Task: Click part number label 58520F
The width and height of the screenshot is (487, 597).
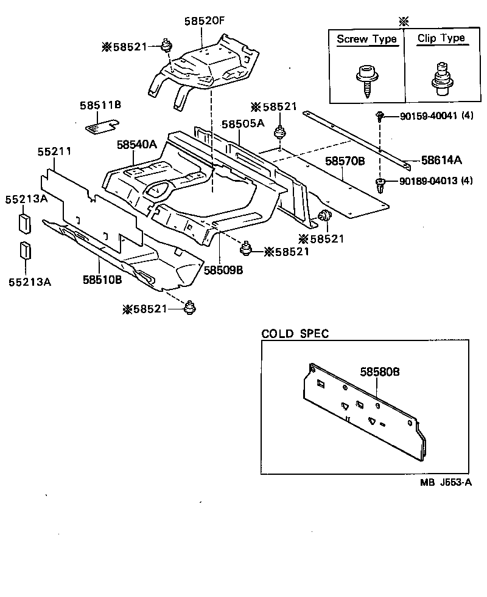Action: point(205,21)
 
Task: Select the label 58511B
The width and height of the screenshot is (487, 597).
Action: point(100,105)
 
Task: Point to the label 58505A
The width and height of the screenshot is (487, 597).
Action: point(242,123)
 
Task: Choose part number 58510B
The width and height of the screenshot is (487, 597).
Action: point(102,280)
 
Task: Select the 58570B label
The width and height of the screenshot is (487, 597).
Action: point(344,162)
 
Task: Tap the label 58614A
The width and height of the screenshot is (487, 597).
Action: point(441,160)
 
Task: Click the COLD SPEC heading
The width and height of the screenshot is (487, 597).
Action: point(295,334)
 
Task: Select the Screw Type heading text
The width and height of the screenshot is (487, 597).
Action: point(366,39)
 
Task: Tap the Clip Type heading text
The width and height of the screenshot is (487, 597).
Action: point(441,38)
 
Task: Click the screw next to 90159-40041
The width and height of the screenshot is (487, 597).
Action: point(379,115)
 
